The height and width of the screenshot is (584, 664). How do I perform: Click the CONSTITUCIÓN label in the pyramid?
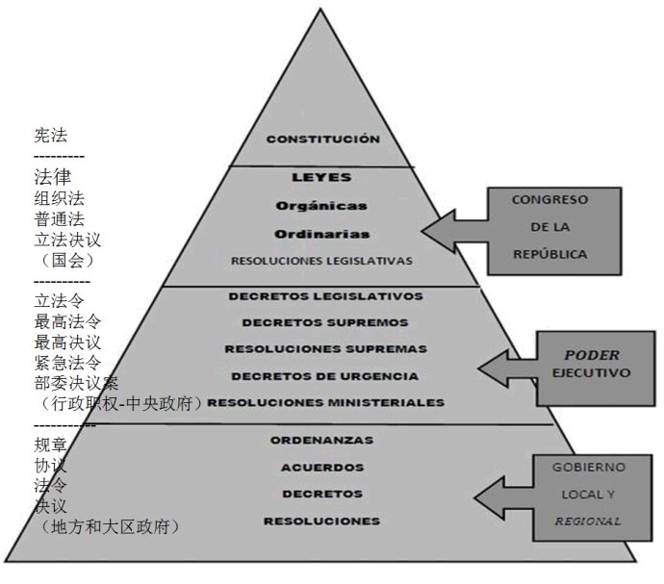322,139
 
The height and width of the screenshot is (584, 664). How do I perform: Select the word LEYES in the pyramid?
321,178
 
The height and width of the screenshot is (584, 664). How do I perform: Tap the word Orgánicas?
322,205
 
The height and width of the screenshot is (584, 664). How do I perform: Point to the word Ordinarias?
322,233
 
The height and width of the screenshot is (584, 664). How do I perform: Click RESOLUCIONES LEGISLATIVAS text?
321,261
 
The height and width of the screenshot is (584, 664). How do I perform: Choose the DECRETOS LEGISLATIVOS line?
325,296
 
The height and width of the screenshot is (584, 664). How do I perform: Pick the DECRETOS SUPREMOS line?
325,322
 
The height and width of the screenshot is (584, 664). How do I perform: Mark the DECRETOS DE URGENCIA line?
325,375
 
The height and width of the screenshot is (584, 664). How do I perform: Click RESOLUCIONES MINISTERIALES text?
325,402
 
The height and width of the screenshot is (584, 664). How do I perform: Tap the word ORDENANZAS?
321,441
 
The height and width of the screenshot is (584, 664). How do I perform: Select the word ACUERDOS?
321,468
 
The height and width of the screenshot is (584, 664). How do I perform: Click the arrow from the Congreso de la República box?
453,230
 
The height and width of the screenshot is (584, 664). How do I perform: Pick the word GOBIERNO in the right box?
588,467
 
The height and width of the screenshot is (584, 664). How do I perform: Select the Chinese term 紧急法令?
67,363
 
